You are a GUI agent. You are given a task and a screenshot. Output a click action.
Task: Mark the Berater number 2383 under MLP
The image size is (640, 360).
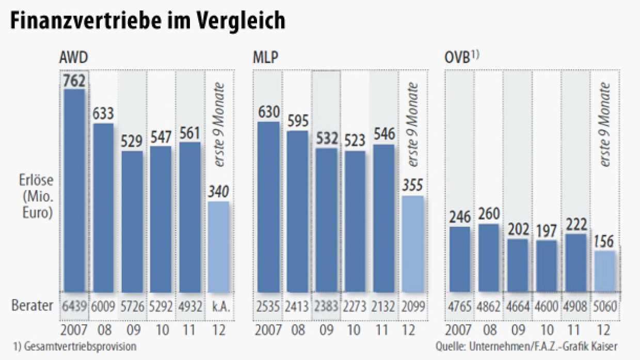(x=326, y=306)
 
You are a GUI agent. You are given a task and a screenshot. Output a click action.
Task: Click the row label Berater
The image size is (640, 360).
(x=33, y=306)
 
